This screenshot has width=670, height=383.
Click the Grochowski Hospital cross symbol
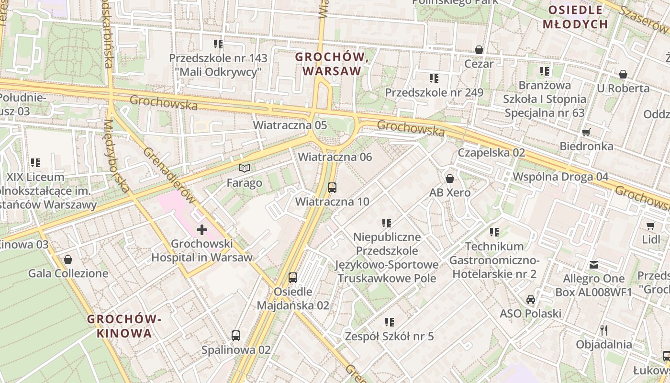tap(202, 230)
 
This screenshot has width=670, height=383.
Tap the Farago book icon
tap(245, 168)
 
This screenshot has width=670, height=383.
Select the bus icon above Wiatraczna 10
tap(332, 187)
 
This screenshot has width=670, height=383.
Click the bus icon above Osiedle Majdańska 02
tap(292, 277)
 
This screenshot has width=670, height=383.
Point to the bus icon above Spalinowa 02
tap(236, 335)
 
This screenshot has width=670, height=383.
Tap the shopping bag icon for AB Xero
tap(450, 179)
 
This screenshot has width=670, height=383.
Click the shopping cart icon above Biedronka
tap(586, 132)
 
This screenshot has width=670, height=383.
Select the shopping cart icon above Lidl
tap(650, 225)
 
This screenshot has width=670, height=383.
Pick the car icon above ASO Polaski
tap(530, 300)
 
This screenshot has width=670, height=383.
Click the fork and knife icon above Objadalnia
tap(604, 330)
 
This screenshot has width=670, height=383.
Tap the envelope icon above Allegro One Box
tap(594, 265)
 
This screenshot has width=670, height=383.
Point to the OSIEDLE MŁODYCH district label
tap(578, 17)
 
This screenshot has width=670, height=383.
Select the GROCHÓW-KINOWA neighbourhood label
tap(124, 326)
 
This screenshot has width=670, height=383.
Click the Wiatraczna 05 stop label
tap(290, 125)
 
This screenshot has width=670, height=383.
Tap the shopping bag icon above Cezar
tap(479, 50)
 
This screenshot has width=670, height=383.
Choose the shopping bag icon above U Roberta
tap(623, 74)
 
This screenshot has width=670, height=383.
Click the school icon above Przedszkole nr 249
tap(434, 78)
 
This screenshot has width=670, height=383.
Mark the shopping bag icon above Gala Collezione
tap(68, 259)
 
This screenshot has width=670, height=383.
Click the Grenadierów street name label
tap(170, 175)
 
